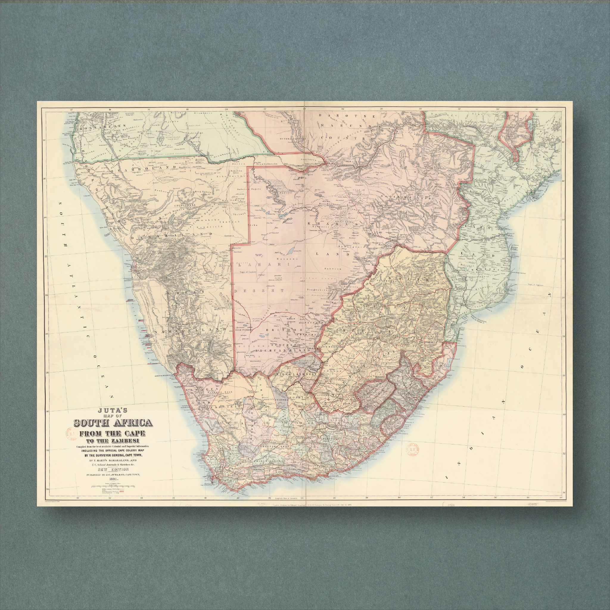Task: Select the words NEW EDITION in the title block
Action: [x=113, y=469]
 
